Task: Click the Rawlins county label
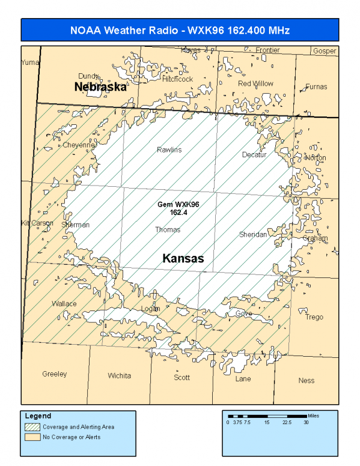(x=169, y=150)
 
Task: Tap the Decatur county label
(x=254, y=154)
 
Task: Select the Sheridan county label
(x=252, y=234)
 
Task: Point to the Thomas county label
(x=167, y=229)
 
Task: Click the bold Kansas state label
(x=183, y=259)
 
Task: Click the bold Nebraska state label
(x=100, y=87)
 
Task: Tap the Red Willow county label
(x=255, y=83)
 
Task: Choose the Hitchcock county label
(x=177, y=79)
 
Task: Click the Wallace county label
(x=64, y=303)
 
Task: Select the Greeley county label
(x=55, y=374)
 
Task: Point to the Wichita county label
(x=119, y=376)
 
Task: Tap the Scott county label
(x=182, y=377)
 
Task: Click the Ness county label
(x=306, y=380)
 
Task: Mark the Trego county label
(x=314, y=317)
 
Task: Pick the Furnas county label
(x=316, y=86)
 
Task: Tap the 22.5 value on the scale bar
(x=287, y=422)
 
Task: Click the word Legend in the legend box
(x=38, y=416)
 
